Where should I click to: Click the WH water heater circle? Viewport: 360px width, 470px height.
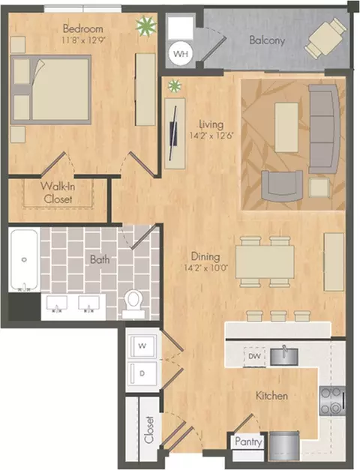(x=181, y=54)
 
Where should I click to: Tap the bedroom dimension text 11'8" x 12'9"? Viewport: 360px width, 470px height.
(x=83, y=40)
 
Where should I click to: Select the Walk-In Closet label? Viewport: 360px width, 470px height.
(x=58, y=193)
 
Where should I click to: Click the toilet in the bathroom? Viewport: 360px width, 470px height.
(x=133, y=304)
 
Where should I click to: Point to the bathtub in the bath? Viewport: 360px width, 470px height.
(x=24, y=260)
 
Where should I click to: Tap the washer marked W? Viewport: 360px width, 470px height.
(x=142, y=346)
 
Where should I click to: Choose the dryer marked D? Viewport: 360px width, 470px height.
(x=142, y=373)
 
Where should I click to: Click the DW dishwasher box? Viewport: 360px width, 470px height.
(x=254, y=356)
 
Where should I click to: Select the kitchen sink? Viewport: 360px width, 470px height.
(x=284, y=356)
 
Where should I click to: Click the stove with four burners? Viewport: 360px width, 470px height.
(x=332, y=401)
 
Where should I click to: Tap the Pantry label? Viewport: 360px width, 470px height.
(x=248, y=442)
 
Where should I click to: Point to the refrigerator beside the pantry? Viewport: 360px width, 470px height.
(x=284, y=446)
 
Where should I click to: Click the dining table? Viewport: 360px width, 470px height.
(x=265, y=262)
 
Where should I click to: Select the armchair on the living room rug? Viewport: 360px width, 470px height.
(x=282, y=186)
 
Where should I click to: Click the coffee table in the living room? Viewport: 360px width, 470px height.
(x=286, y=127)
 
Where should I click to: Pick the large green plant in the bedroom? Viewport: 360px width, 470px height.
(x=146, y=26)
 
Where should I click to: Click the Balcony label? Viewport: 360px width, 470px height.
(x=267, y=40)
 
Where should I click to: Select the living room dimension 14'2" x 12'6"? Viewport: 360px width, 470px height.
(x=211, y=136)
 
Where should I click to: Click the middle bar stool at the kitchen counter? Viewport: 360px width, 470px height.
(x=278, y=316)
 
